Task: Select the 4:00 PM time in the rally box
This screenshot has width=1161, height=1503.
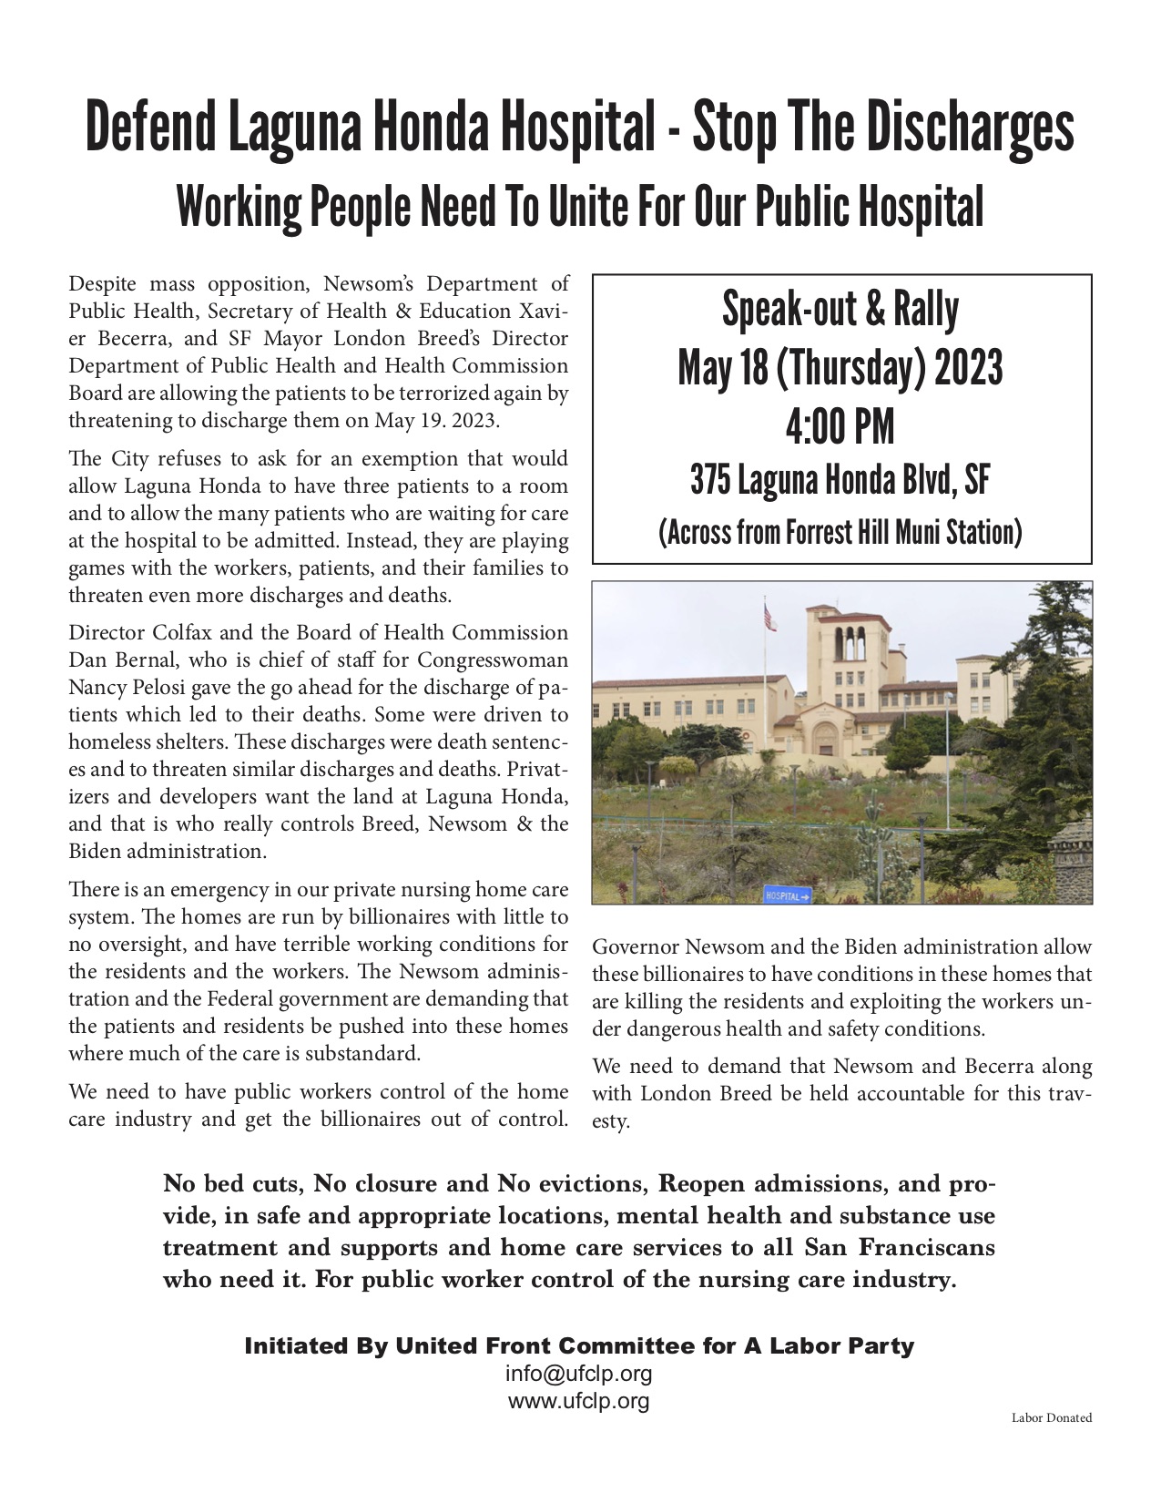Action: coord(840,426)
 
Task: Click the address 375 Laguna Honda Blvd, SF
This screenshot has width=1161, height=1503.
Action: coord(840,480)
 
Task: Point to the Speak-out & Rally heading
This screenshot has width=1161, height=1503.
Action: coord(840,310)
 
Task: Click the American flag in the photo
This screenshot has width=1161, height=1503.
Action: coord(769,618)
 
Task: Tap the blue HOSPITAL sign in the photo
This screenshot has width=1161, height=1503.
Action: coord(787,896)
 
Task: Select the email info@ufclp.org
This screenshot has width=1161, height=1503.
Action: coord(579,1374)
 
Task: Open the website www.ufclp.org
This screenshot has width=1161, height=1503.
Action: coord(579,1401)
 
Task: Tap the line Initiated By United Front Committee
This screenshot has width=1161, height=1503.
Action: coord(579,1346)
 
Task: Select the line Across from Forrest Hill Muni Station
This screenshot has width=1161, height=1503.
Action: coord(840,531)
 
